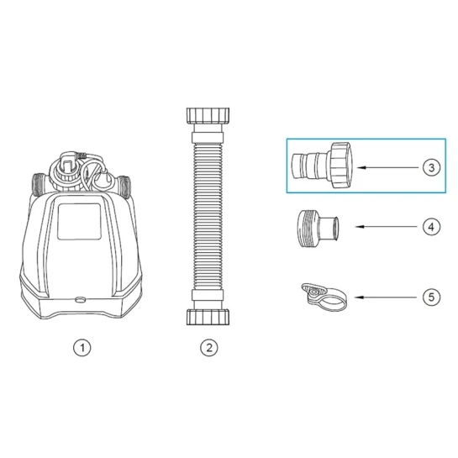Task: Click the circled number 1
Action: pyautogui.click(x=82, y=348)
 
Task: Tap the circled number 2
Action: pyautogui.click(x=209, y=348)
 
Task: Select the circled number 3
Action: pyautogui.click(x=431, y=168)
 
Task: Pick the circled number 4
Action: pyautogui.click(x=431, y=227)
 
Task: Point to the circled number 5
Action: pyautogui.click(x=431, y=297)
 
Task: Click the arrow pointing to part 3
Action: pyautogui.click(x=387, y=168)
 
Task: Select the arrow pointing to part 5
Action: pyautogui.click(x=386, y=297)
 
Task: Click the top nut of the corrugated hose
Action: pyautogui.click(x=208, y=116)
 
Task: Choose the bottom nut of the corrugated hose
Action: pyautogui.click(x=208, y=317)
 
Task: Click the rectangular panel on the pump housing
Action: pyautogui.click(x=79, y=221)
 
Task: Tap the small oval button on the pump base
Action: pyautogui.click(x=81, y=300)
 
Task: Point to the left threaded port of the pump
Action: pyautogui.click(x=38, y=185)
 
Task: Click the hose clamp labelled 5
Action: pyautogui.click(x=324, y=297)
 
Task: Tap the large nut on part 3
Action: pyautogui.click(x=340, y=165)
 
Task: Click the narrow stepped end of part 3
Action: pyautogui.click(x=309, y=166)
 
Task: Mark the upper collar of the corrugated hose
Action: pyautogui.click(x=208, y=137)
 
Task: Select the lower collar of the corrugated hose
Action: pyautogui.click(x=208, y=295)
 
